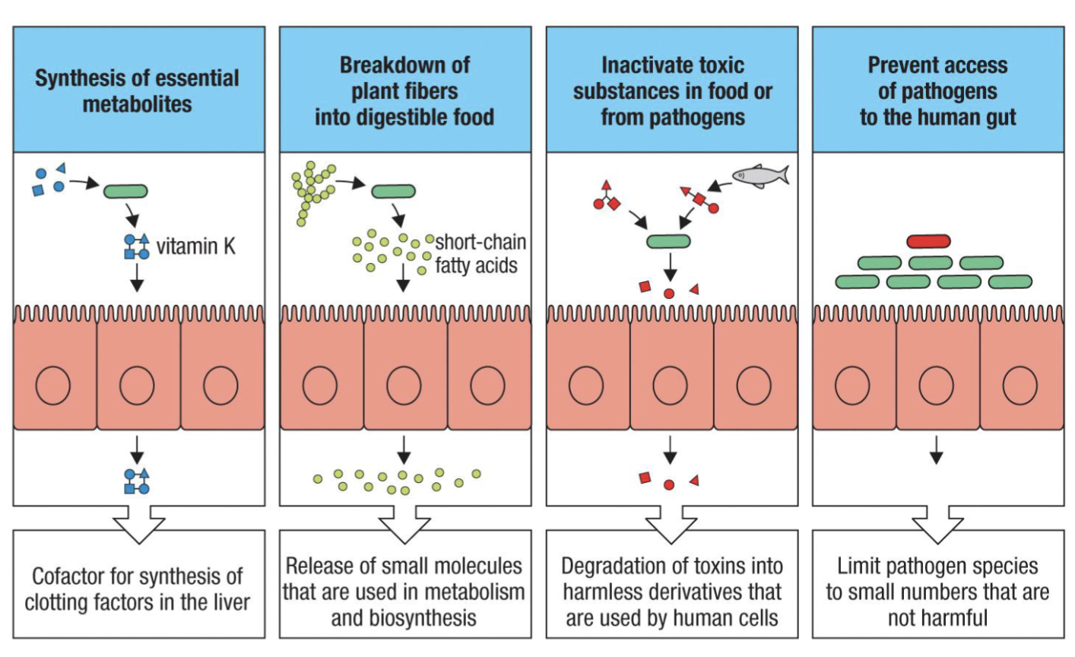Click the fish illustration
(x=759, y=176)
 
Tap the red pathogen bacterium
(x=928, y=242)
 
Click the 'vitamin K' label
(x=196, y=246)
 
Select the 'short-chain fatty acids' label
(x=479, y=254)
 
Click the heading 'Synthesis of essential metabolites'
(x=138, y=90)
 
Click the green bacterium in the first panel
(x=125, y=191)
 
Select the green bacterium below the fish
(x=669, y=242)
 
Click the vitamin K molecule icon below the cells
(x=137, y=481)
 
